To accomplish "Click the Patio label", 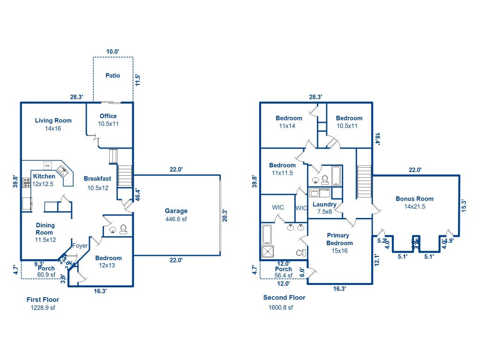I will click(x=112, y=75).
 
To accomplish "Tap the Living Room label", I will click(x=53, y=120).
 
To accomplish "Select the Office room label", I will click(x=108, y=116).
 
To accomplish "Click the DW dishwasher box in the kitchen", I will click(x=48, y=165).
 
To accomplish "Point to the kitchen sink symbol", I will click(x=62, y=169).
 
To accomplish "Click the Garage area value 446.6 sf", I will click(x=176, y=219).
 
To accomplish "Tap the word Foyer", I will click(x=80, y=246).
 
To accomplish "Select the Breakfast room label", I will click(x=97, y=179).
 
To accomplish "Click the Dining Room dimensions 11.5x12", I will click(x=45, y=240).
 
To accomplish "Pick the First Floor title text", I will click(x=43, y=300).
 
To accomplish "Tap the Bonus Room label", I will click(x=414, y=199).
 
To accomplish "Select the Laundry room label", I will click(x=324, y=205).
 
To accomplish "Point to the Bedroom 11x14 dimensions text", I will click(x=289, y=126).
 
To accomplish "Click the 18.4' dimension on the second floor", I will click(x=376, y=138).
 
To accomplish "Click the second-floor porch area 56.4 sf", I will click(x=283, y=276).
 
